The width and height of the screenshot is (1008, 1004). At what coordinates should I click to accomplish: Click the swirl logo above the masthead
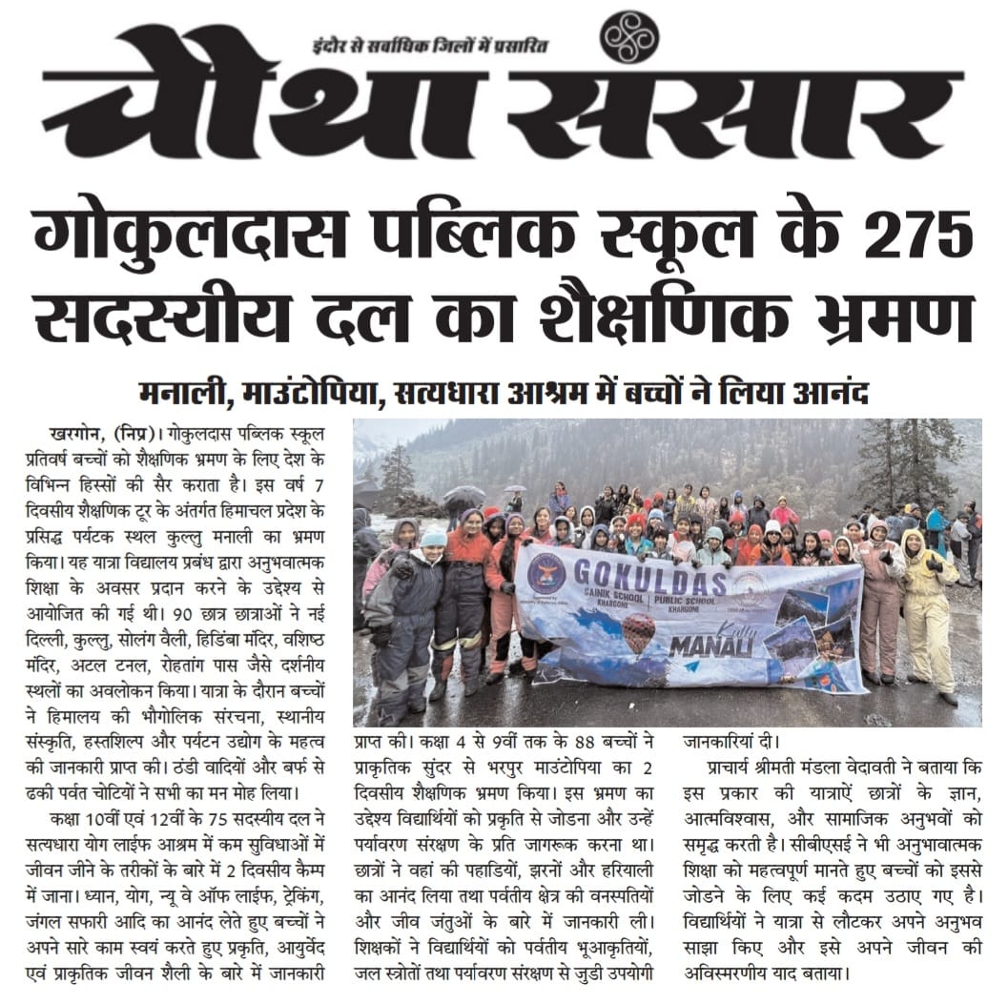coord(628,36)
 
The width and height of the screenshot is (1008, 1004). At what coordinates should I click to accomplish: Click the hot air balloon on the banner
coord(638,632)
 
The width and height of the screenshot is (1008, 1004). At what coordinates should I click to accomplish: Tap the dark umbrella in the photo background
coord(464,495)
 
